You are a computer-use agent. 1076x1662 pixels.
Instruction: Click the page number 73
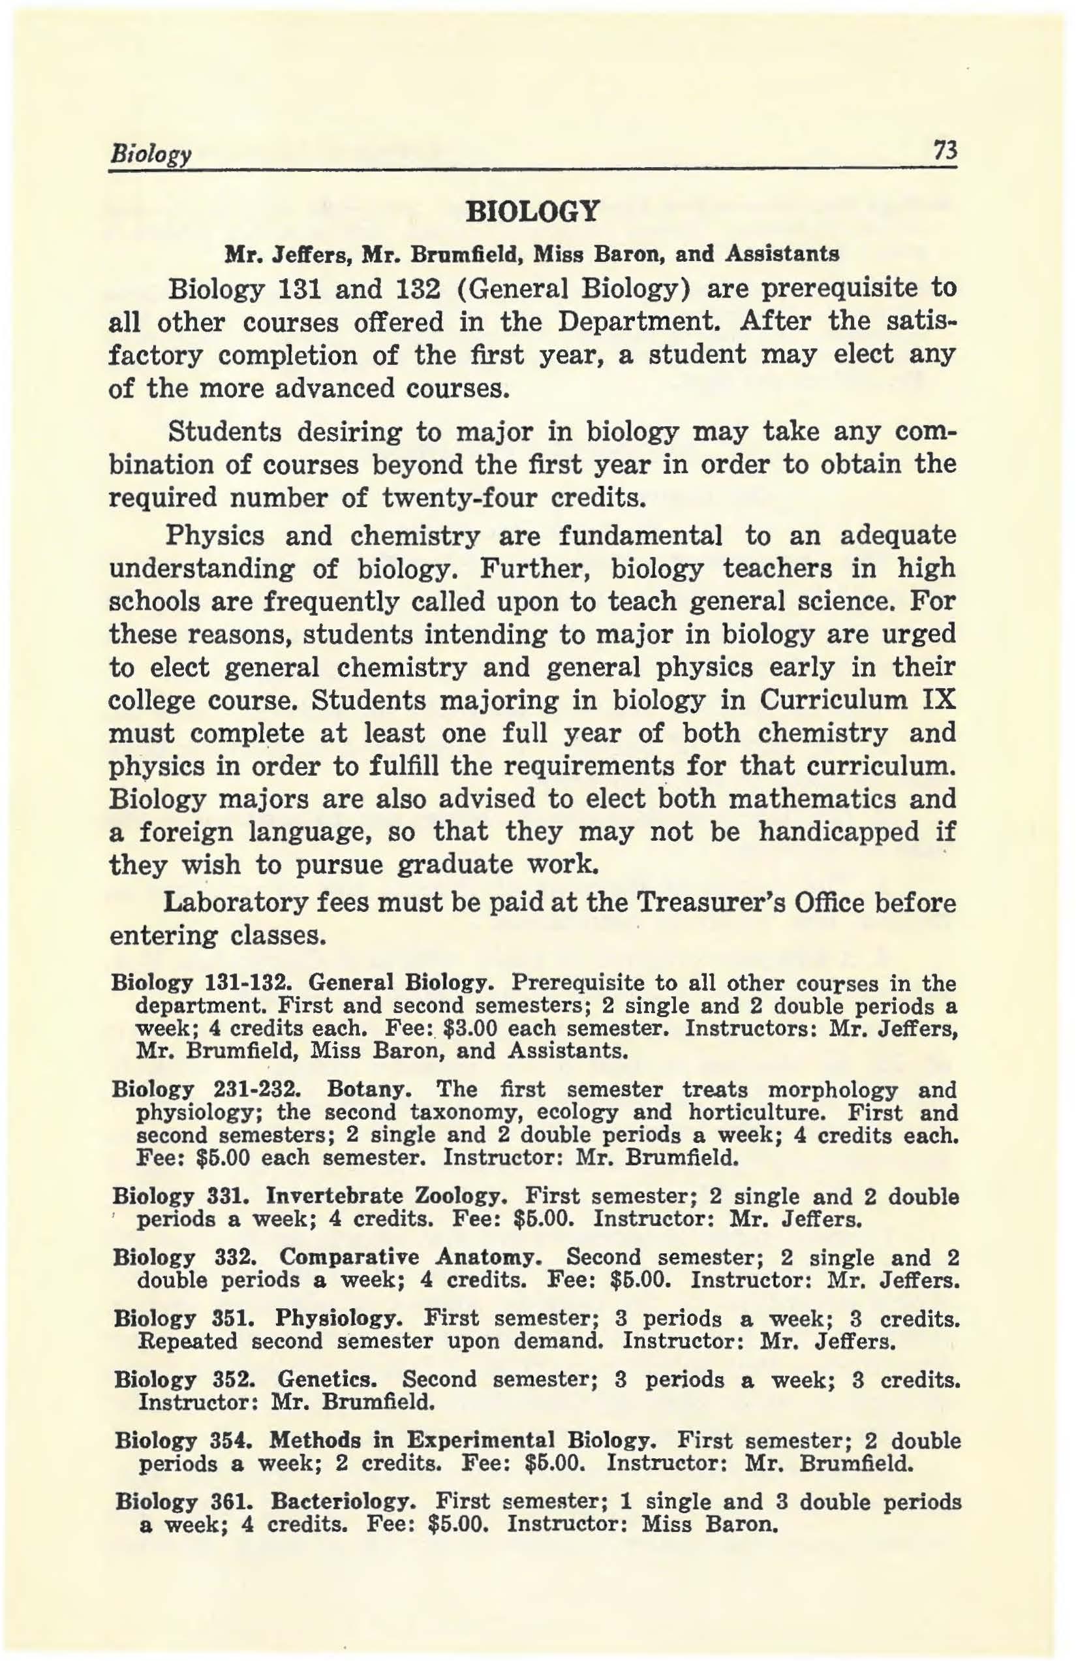(947, 149)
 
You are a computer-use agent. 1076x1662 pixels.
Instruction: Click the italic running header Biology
(147, 152)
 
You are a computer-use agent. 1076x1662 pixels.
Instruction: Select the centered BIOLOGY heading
(534, 210)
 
